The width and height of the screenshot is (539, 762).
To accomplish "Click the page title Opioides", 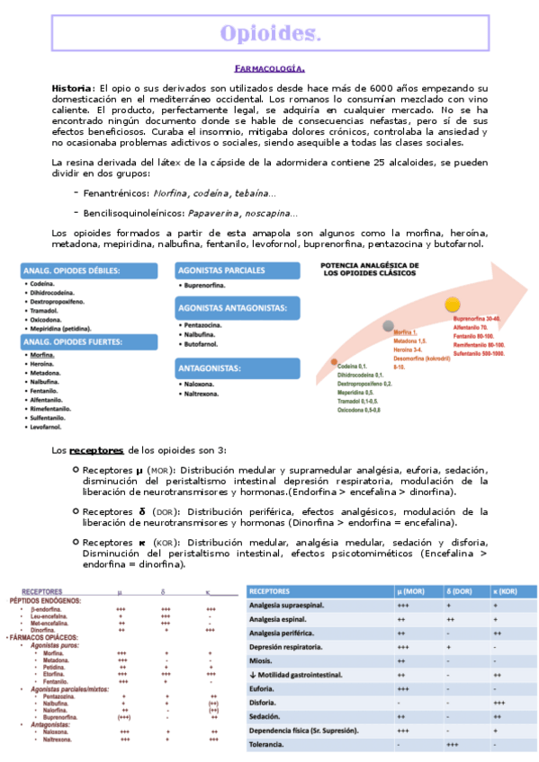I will (x=270, y=34).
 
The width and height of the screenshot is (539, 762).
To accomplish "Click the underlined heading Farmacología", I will (x=269, y=68).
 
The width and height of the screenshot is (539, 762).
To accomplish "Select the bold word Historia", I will (x=72, y=87).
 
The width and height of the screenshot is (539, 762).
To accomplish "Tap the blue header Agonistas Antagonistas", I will (x=232, y=308).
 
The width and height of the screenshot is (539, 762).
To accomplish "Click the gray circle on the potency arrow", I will (x=388, y=326).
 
